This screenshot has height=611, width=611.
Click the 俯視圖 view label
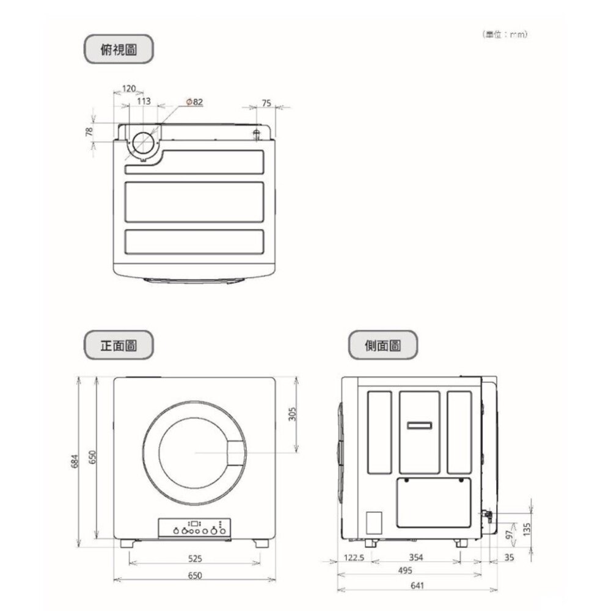118,49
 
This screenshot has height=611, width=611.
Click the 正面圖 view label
118,345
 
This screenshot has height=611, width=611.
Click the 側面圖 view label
382,345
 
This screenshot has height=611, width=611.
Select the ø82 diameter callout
194,101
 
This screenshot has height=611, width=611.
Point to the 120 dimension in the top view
129,89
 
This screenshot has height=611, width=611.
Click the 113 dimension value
144,101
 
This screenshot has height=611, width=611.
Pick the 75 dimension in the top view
266,103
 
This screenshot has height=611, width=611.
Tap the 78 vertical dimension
89,131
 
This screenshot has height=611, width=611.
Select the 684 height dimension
75,463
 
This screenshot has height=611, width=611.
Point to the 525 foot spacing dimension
195,558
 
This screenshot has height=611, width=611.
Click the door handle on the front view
236,453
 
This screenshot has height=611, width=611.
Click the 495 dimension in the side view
404,570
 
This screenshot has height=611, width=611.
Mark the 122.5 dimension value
354,558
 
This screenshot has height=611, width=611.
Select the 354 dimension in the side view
415,558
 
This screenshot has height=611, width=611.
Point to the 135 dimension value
527,527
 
